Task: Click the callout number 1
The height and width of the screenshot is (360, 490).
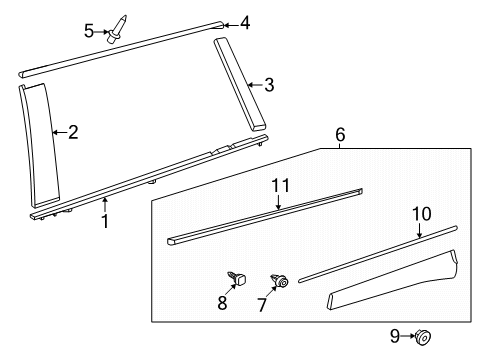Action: pyautogui.click(x=105, y=220)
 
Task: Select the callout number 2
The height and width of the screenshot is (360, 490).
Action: pyautogui.click(x=72, y=131)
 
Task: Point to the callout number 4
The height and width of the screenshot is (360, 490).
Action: pyautogui.click(x=245, y=21)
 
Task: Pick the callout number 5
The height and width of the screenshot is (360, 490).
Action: pyautogui.click(x=89, y=31)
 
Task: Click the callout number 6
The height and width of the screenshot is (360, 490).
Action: pyautogui.click(x=340, y=132)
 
